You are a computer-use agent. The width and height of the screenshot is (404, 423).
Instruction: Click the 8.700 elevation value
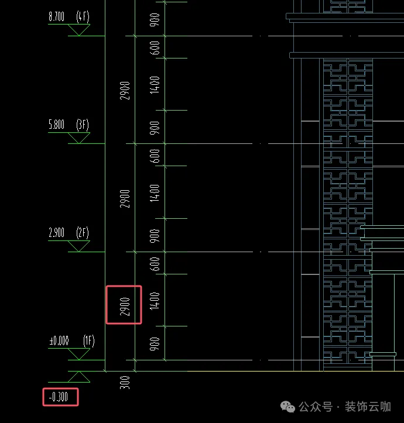[x=57, y=16]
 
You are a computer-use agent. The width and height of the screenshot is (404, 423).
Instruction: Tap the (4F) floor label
[x=83, y=16]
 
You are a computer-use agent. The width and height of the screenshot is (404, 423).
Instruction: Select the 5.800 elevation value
[x=57, y=125]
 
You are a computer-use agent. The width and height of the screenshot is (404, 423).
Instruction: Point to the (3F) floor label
[x=83, y=125]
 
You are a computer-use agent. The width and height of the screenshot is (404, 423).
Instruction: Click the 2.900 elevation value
[x=57, y=233]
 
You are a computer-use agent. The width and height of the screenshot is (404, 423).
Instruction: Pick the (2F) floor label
[x=83, y=233]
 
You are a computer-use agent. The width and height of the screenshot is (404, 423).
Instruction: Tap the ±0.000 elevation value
[x=59, y=341]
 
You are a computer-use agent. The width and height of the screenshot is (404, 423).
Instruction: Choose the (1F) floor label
[x=88, y=341]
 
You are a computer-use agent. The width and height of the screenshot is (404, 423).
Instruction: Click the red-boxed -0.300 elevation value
[x=60, y=398]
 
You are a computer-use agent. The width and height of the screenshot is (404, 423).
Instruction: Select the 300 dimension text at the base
[x=125, y=383]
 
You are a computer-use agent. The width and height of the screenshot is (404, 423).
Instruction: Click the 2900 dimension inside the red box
[x=124, y=305]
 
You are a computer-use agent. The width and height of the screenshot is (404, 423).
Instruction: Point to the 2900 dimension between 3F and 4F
[x=124, y=90]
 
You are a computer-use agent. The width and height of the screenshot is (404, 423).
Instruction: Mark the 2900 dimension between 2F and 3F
[x=124, y=198]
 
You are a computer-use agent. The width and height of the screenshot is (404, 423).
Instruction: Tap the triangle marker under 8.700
[x=79, y=30]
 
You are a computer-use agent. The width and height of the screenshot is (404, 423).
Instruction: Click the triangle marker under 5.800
[x=79, y=138]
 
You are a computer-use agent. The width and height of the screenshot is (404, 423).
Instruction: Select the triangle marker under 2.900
[x=79, y=246]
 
